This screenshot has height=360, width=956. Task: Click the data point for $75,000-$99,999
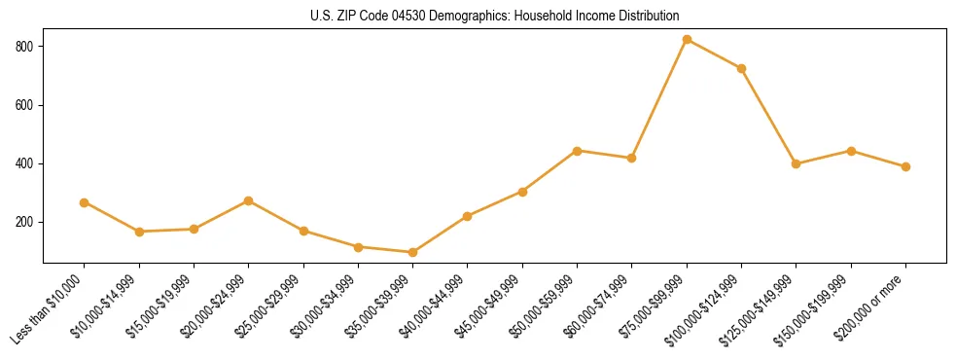687,40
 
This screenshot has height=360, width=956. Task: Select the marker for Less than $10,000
84,202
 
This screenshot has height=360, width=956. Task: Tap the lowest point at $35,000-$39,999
412,252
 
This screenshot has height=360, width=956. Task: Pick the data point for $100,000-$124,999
741,68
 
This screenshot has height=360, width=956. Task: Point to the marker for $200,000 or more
905,166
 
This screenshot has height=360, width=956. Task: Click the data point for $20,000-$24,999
248,200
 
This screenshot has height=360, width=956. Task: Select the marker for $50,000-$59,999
577,151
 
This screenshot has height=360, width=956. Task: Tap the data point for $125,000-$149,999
796,163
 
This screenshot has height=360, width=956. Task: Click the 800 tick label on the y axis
26,47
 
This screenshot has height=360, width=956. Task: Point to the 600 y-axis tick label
26,105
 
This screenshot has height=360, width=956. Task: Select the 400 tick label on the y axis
26,163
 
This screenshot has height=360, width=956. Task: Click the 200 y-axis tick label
26,222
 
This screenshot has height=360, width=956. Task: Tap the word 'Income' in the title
607,17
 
